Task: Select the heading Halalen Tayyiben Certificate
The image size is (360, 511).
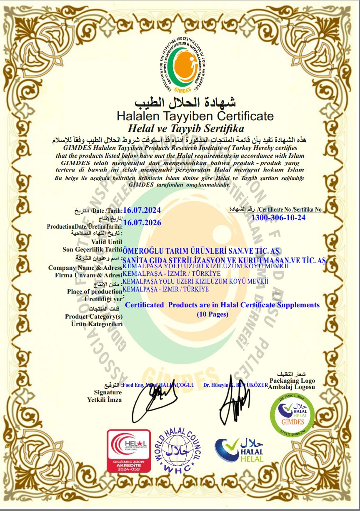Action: pyautogui.click(x=195, y=116)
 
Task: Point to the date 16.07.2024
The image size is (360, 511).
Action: pyautogui.click(x=142, y=210)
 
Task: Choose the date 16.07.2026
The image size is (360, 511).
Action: pyautogui.click(x=142, y=222)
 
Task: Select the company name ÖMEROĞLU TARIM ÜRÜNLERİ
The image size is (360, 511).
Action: pyautogui.click(x=202, y=252)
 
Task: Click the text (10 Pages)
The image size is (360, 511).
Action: pyautogui.click(x=212, y=314)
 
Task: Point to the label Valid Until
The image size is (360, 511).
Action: pyautogui.click(x=109, y=241)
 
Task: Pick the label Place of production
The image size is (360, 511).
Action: pyautogui.click(x=95, y=292)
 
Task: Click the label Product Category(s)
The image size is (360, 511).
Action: pyautogui.click(x=94, y=317)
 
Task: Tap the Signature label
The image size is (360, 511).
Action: pyautogui.click(x=108, y=392)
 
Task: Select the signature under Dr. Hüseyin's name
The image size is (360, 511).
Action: pyautogui.click(x=233, y=402)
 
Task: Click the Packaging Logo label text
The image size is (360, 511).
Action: pyautogui.click(x=292, y=381)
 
